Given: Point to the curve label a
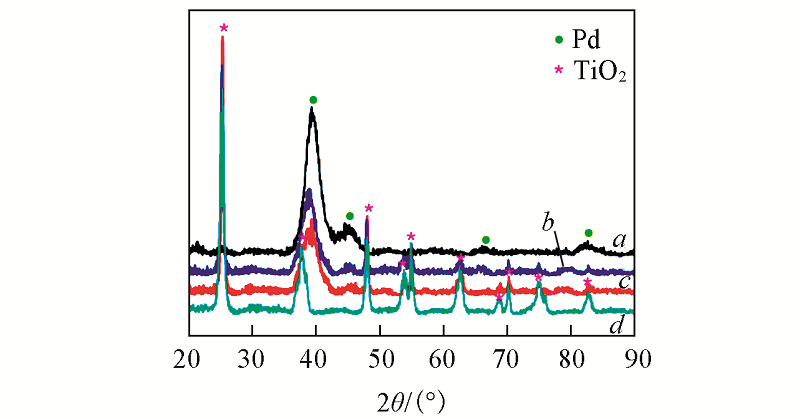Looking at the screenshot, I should point(620,240).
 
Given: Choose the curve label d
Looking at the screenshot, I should point(620,325).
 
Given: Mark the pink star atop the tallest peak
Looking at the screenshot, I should point(223,28).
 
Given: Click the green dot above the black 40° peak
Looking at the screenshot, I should point(313,100).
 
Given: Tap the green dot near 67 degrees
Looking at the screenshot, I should point(486,240).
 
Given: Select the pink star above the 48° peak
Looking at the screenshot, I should point(368,208).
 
